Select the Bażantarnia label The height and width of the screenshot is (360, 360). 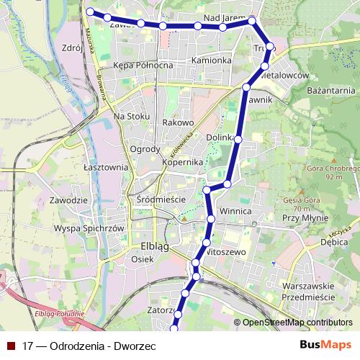click(331, 91)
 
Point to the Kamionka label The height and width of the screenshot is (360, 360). click(211, 60)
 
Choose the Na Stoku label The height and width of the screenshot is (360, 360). click(131, 116)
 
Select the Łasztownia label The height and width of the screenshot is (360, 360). click(105, 166)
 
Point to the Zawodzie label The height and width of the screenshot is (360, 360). click(69, 199)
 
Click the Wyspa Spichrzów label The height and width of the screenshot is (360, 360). click(90, 228)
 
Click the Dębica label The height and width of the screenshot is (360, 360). click(332, 243)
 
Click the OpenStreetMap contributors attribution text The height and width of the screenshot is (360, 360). click(297, 323)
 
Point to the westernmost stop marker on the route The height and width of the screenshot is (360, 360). click(90, 12)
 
